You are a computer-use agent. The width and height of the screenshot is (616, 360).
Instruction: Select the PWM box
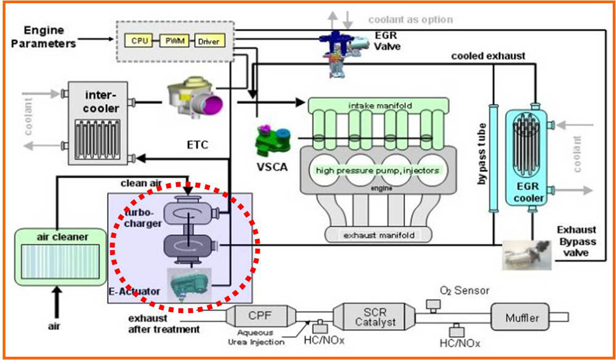pyautogui.click(x=172, y=42)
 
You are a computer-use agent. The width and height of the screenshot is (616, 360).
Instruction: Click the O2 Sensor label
pyautogui.click(x=458, y=290)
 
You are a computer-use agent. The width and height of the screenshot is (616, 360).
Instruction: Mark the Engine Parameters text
pyautogui.click(x=49, y=36)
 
